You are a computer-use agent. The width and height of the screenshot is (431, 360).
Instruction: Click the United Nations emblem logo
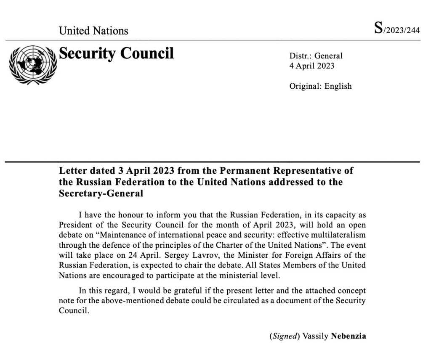point(33,65)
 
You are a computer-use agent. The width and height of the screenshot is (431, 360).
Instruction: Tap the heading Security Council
point(116,53)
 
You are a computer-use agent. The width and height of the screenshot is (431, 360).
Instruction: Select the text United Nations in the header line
point(93,31)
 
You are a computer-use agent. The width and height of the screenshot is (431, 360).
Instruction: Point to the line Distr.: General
point(316,56)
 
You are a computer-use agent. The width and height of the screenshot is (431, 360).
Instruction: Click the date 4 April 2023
point(312,66)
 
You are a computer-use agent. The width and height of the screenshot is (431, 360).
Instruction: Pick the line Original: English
point(320,86)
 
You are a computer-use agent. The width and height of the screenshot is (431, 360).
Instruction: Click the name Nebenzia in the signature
point(349,336)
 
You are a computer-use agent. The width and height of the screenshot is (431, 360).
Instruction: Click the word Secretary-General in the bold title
point(101,193)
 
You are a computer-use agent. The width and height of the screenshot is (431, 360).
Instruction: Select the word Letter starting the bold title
point(72,172)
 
